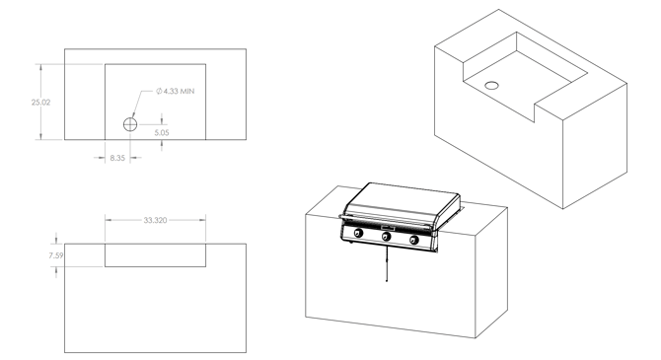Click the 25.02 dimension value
tap(40, 103)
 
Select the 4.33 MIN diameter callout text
tap(176, 91)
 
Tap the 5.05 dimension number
tap(162, 133)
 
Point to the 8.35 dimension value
tap(117, 158)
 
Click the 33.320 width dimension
tap(155, 220)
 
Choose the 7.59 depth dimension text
tap(56, 255)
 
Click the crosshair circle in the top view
tap(130, 125)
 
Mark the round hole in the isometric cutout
tap(491, 86)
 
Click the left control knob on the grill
tap(358, 233)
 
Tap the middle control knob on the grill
tap(386, 237)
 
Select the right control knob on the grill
tap(414, 241)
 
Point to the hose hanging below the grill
tap(387, 264)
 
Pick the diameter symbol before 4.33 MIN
tap(159, 91)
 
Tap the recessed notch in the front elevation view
tap(155, 255)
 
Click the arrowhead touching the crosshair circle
tap(133, 115)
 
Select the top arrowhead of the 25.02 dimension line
tap(40, 67)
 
